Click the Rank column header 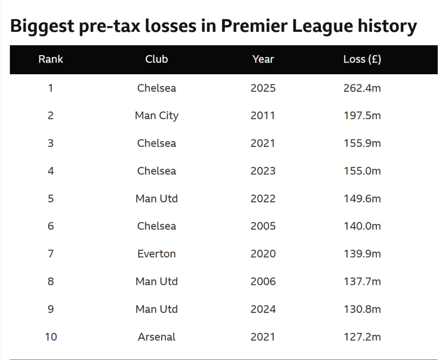(51, 59)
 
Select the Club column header (156, 59)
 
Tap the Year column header (263, 59)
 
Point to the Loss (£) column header (362, 59)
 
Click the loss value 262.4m (362, 88)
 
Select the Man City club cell (156, 116)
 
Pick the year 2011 (263, 116)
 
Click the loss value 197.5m (362, 116)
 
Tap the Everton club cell (156, 254)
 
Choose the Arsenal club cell (156, 337)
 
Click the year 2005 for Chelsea (263, 226)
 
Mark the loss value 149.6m (362, 198)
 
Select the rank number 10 (51, 337)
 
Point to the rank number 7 (51, 254)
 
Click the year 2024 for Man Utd (263, 309)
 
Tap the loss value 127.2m (362, 337)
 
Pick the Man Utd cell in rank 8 (156, 281)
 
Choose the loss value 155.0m (362, 171)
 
